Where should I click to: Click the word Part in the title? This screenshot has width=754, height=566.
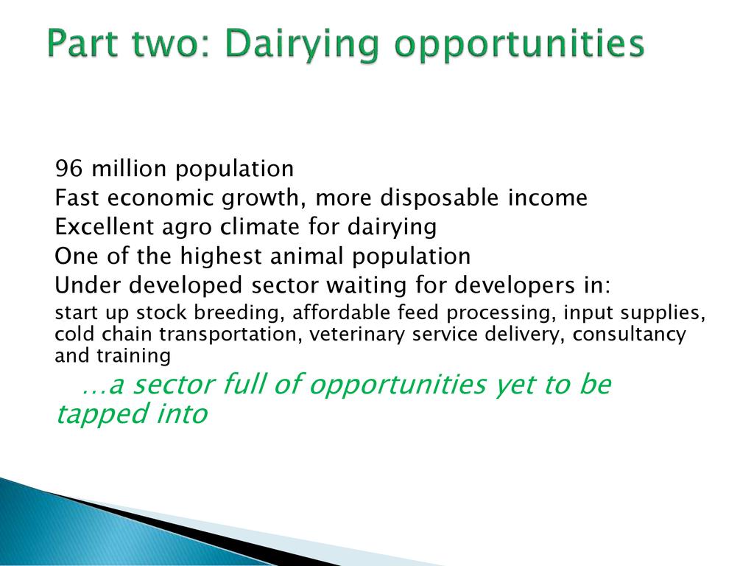click(82, 43)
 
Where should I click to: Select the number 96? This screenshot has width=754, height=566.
click(68, 169)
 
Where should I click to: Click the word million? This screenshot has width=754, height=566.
click(129, 168)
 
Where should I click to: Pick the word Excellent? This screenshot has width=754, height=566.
click(104, 227)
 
